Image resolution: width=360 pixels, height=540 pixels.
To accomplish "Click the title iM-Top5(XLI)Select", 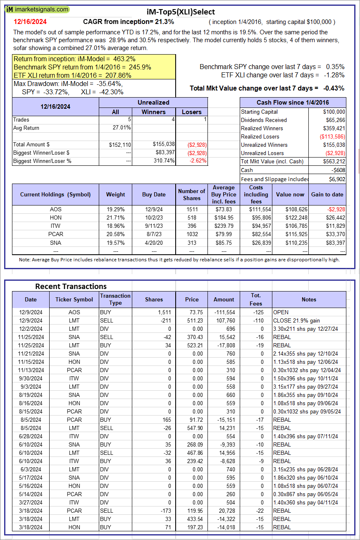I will (x=181, y=12).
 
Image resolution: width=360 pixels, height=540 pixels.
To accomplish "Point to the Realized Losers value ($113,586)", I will (x=332, y=136).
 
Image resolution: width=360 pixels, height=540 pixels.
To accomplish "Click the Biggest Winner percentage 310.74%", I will (x=163, y=161).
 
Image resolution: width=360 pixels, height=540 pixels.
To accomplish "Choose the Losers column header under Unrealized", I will (x=192, y=112).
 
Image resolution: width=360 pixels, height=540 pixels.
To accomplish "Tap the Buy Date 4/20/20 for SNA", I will (x=154, y=242).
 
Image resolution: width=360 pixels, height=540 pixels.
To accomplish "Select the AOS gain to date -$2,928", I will (x=335, y=209).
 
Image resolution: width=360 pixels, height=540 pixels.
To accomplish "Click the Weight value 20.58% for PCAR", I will (x=115, y=234).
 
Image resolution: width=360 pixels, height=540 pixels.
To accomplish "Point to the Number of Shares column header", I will (x=191, y=194).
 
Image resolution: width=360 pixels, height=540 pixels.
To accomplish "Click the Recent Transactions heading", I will (x=71, y=286).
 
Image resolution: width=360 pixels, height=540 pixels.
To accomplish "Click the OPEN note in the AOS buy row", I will (x=281, y=312).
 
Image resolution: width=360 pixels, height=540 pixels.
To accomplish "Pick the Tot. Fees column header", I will (x=256, y=299).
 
